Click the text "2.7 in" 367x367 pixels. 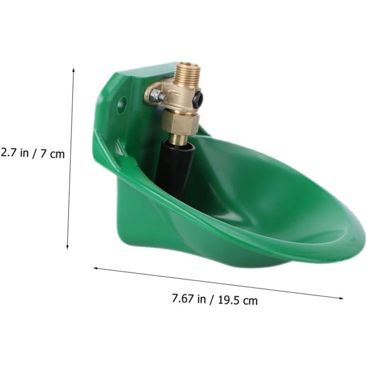(15, 153)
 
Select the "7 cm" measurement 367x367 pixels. (52, 154)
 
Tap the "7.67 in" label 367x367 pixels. (189, 298)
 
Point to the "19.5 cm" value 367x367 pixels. (238, 300)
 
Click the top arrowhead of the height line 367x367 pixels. (73, 69)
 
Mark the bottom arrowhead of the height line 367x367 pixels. (68, 247)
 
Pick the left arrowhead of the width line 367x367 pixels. (96, 268)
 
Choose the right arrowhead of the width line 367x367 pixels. (341, 298)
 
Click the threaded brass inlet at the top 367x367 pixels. (188, 70)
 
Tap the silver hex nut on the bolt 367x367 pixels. (156, 95)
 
